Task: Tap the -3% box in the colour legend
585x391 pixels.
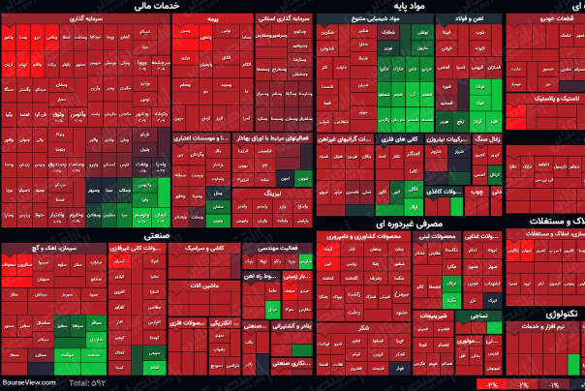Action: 492,385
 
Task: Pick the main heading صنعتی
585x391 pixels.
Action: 156,235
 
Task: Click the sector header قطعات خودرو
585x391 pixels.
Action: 542,17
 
